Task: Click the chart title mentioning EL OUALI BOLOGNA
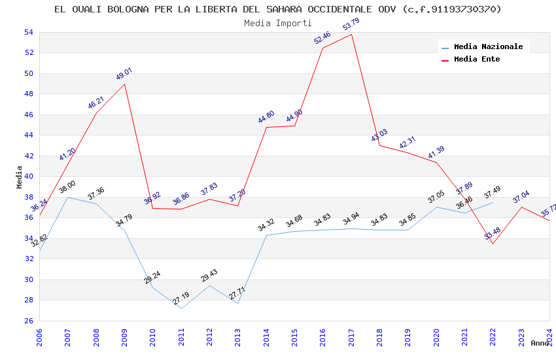click(x=278, y=9)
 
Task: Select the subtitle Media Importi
click(x=278, y=23)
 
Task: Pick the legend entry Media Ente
click(x=477, y=59)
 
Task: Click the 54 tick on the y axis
click(x=28, y=32)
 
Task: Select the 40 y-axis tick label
click(x=28, y=176)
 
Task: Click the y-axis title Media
click(x=20, y=177)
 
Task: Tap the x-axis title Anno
click(x=540, y=343)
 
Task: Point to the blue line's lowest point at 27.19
click(x=181, y=308)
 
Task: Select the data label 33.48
click(x=492, y=234)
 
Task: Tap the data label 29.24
click(x=152, y=277)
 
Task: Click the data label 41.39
click(x=436, y=153)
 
